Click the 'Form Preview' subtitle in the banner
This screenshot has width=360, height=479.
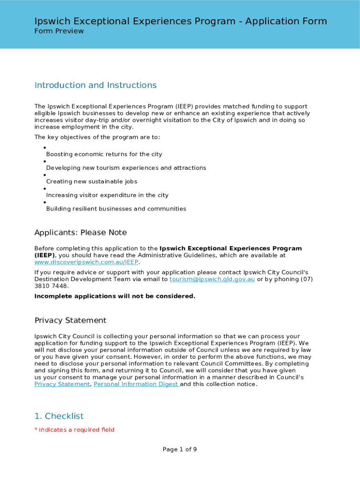tap(59, 31)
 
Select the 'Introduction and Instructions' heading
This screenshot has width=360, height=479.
tap(95, 85)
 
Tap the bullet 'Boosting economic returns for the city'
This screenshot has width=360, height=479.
tap(104, 154)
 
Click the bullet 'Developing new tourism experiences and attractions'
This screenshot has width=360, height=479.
tap(126, 168)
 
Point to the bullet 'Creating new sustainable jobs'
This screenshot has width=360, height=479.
tap(92, 181)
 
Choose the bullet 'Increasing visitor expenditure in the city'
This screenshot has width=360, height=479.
tap(107, 195)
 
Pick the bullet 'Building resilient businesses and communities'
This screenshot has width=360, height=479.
tap(116, 209)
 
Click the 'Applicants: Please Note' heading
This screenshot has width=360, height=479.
tap(80, 233)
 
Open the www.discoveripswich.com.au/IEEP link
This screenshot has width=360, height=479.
tap(86, 262)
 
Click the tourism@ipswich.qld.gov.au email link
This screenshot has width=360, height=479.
tap(212, 279)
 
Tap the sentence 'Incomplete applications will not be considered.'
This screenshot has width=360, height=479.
tap(115, 296)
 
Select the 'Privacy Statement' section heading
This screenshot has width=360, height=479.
tap(70, 320)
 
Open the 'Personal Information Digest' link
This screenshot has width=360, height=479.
tap(136, 384)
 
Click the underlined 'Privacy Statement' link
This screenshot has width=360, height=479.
tap(62, 384)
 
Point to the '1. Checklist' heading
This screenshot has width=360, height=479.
tap(59, 416)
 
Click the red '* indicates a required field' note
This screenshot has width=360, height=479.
tap(74, 430)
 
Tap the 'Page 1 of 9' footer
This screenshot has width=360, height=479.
tap(180, 450)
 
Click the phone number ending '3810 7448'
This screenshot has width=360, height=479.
tap(51, 286)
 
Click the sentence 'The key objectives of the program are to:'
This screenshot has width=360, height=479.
tap(97, 137)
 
